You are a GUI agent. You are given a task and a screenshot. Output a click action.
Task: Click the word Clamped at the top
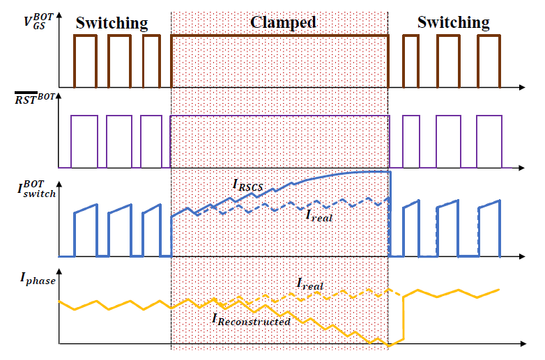point(282,22)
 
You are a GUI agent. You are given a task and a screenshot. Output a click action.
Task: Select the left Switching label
point(112,23)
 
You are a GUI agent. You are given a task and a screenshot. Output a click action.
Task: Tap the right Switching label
point(453,22)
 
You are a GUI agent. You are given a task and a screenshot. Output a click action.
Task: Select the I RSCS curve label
point(247,185)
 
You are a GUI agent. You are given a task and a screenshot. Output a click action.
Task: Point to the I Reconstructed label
point(251,321)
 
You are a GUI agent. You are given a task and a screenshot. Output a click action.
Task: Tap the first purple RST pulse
point(84,141)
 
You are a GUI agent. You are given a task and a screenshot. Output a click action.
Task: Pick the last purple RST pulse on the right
point(489,141)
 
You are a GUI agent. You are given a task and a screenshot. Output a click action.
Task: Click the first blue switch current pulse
point(86,230)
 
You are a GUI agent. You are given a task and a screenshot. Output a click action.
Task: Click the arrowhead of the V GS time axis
point(522,88)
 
